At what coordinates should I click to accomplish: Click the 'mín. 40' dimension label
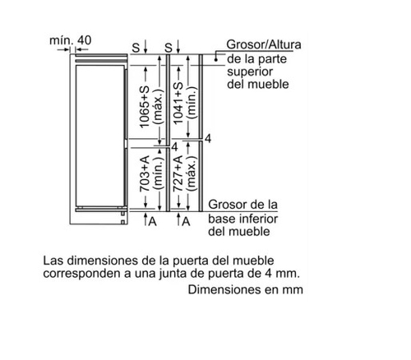[x=70, y=40]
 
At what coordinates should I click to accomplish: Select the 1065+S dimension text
[x=145, y=107]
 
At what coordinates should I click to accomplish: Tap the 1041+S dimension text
[x=178, y=104]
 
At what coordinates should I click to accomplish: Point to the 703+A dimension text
[x=145, y=173]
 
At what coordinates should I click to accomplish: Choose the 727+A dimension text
[x=178, y=173]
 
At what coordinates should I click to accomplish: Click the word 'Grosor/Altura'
[x=264, y=44]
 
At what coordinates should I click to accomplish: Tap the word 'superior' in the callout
[x=250, y=72]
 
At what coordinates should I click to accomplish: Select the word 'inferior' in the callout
[x=259, y=219]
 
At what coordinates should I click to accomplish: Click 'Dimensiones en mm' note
[x=246, y=289]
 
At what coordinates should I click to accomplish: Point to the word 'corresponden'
[x=83, y=274]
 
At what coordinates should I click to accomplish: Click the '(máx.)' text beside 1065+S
[x=159, y=106]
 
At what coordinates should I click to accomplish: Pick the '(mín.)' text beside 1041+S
[x=192, y=103]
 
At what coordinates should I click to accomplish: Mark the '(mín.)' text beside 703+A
[x=159, y=173]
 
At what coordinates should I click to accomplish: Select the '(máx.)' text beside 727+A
[x=192, y=173]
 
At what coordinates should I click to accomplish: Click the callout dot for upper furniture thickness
[x=216, y=59]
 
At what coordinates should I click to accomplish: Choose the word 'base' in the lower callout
[x=222, y=219]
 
